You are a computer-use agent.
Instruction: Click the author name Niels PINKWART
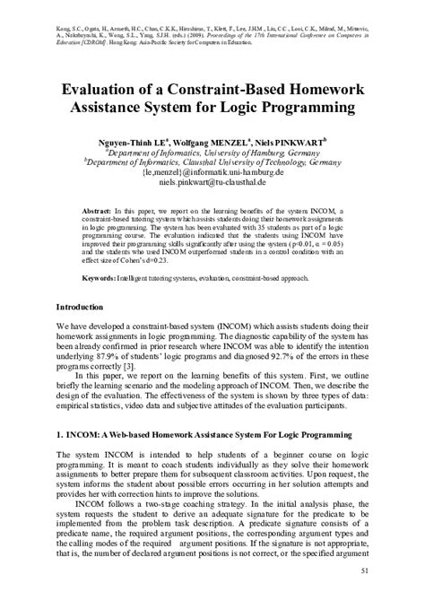tap(289, 142)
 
